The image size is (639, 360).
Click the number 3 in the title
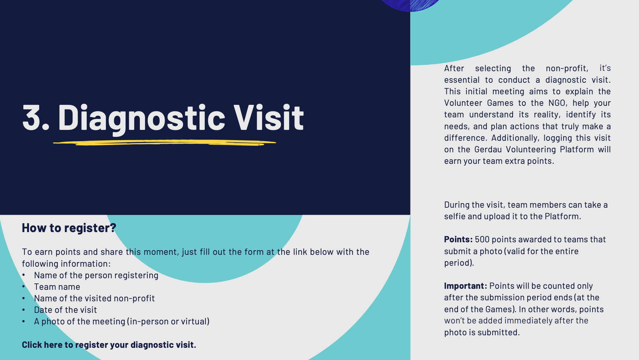32,117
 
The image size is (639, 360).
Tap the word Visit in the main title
269,117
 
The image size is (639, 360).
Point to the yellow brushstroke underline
164,143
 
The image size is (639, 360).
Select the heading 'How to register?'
69,228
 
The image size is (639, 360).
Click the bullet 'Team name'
57,287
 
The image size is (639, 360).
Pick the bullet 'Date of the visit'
65,310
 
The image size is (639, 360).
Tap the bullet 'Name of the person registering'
96,276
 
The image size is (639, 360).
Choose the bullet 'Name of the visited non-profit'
94,298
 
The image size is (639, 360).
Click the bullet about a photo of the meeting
122,321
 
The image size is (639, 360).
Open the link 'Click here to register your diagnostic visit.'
109,345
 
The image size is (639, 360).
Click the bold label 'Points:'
458,239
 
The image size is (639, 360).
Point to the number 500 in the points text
482,239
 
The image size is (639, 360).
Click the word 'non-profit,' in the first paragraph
567,68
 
